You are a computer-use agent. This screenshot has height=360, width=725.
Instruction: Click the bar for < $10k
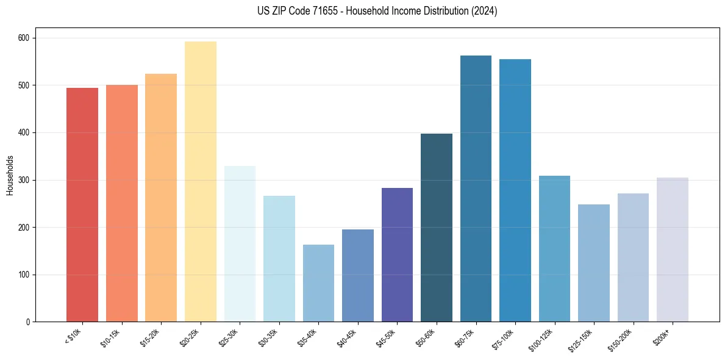click(82, 205)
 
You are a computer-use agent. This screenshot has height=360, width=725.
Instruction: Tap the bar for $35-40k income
click(318, 283)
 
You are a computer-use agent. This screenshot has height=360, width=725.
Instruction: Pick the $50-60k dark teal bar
click(437, 228)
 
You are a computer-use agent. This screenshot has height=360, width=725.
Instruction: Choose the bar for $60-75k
click(476, 189)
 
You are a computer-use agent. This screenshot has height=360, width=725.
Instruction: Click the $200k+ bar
click(673, 250)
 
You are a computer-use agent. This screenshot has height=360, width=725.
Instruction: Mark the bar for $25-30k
click(240, 244)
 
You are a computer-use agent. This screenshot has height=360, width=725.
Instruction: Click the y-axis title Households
click(10, 175)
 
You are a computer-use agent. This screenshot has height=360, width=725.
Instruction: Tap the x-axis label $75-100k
click(504, 338)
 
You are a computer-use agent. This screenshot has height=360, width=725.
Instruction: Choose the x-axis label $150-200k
click(621, 339)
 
